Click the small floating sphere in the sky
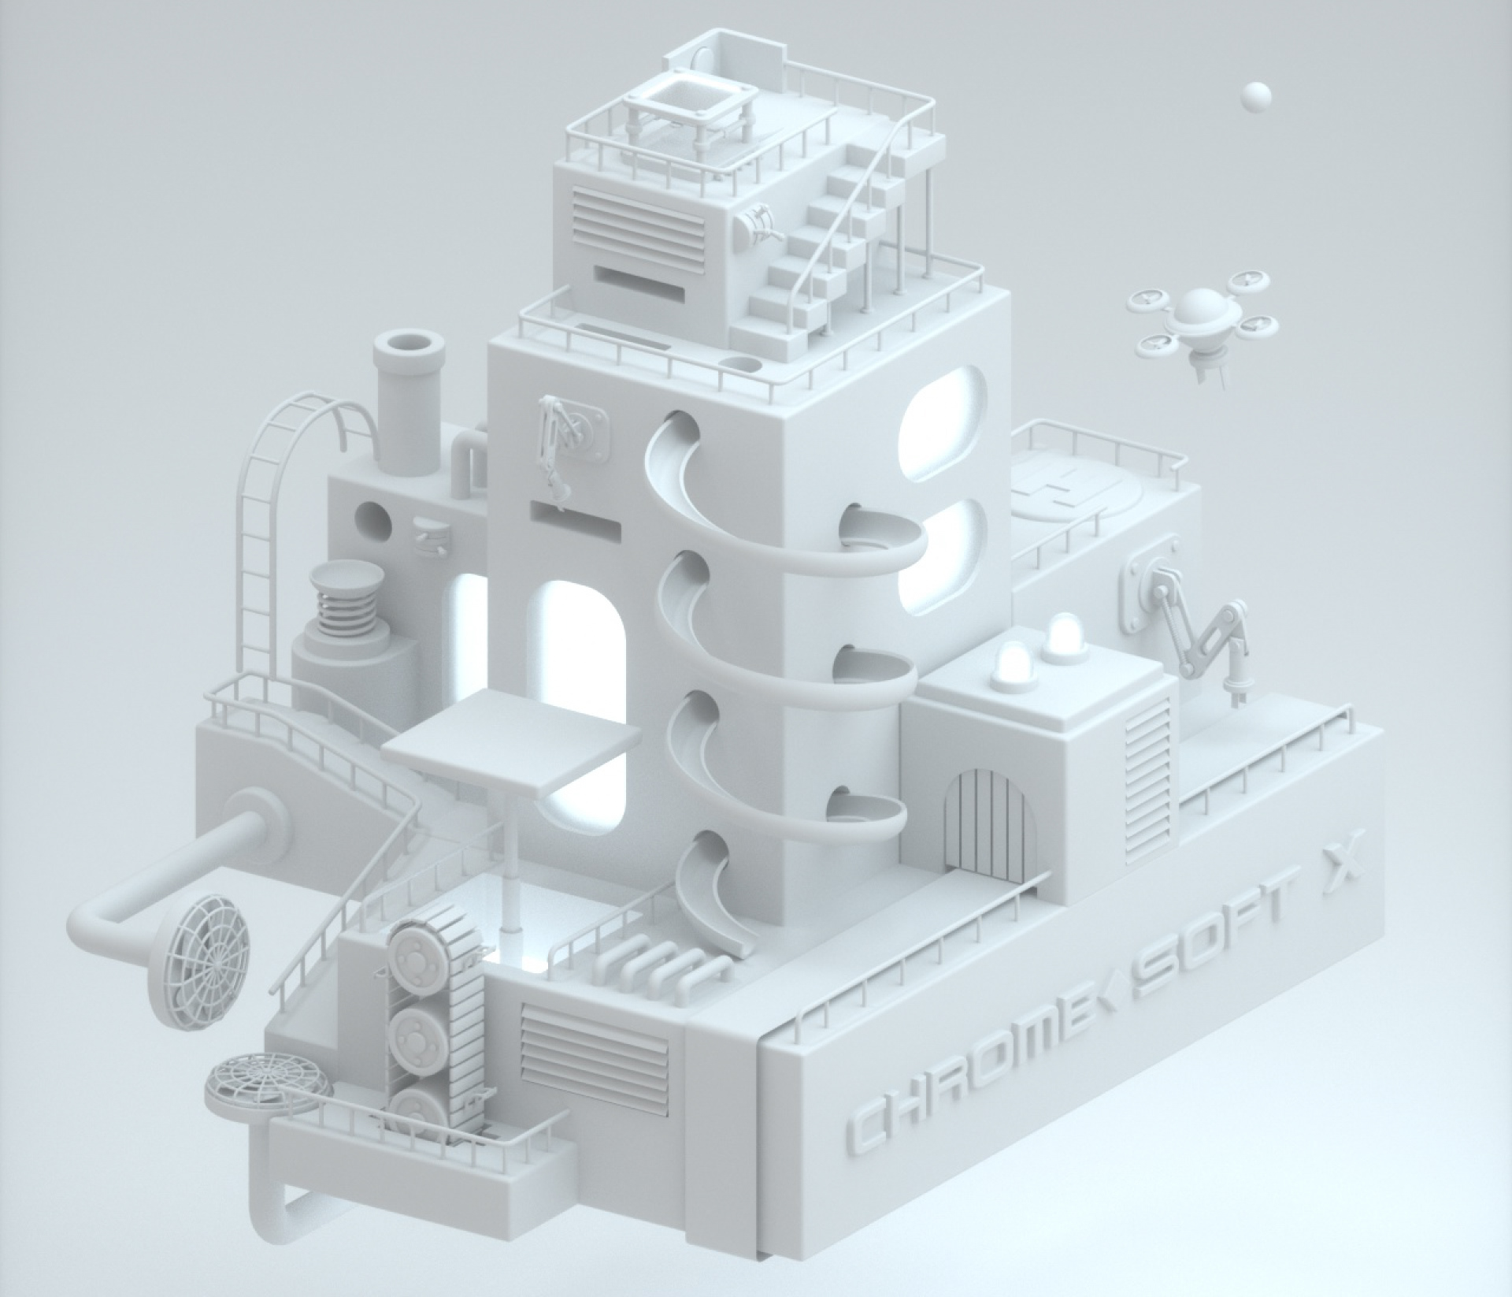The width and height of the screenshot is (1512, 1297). (1255, 96)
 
